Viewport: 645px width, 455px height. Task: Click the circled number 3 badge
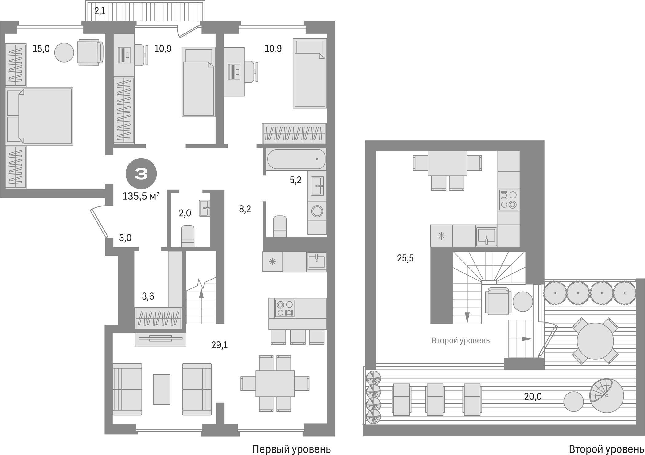click(141, 174)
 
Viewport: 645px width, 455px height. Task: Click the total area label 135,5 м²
click(141, 196)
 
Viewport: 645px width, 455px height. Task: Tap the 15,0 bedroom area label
click(41, 49)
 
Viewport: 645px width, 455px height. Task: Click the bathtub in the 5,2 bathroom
click(296, 159)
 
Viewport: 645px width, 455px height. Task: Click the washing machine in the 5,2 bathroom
click(317, 211)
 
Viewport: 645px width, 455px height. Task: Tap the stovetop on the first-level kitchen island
click(285, 308)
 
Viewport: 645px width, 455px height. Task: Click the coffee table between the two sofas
click(162, 389)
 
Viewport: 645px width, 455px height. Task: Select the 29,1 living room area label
click(219, 345)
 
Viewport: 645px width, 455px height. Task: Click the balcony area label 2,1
click(100, 11)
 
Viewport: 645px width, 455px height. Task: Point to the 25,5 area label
click(405, 258)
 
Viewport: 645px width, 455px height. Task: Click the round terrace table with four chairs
click(595, 341)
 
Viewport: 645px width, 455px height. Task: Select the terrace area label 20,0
click(533, 397)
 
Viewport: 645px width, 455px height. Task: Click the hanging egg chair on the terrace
click(606, 395)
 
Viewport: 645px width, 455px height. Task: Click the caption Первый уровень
click(291, 449)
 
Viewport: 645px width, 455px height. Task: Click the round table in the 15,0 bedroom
click(64, 53)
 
